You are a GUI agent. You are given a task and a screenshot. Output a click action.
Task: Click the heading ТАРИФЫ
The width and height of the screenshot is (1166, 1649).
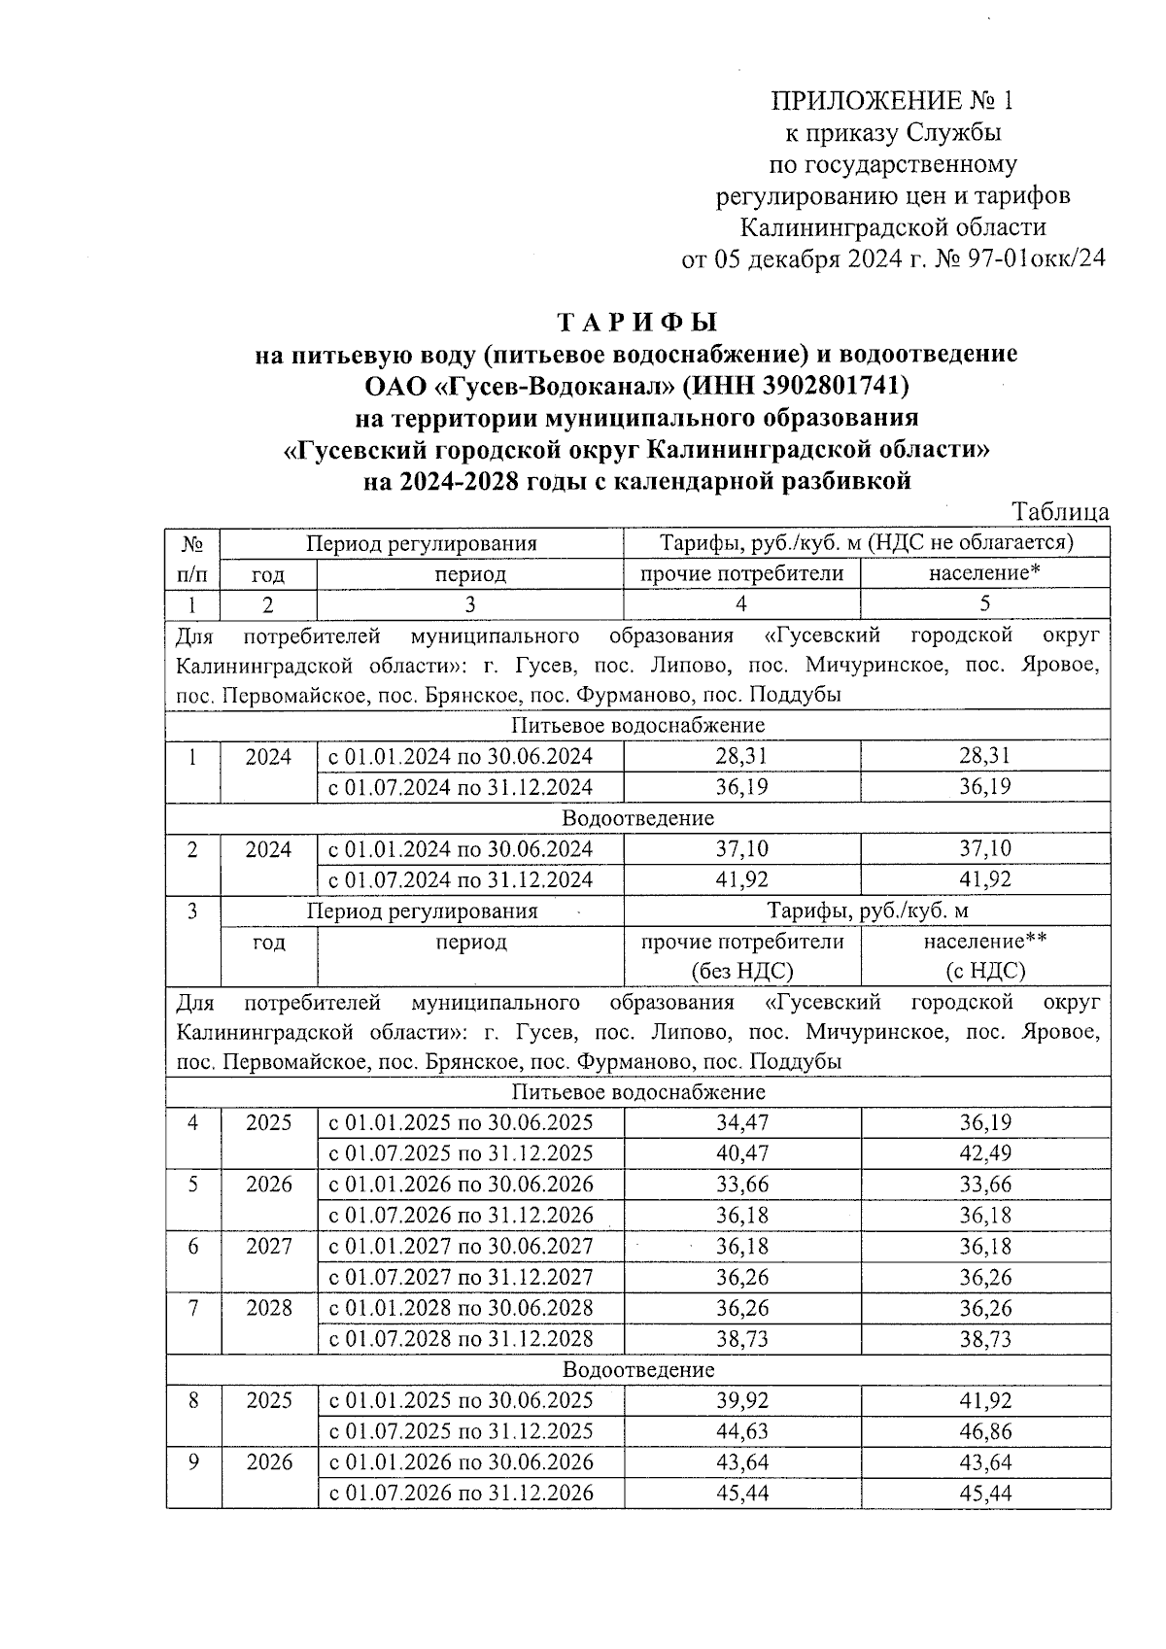pyautogui.click(x=636, y=322)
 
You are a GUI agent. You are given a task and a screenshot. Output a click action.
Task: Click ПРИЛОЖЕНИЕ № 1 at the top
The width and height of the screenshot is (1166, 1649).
pyautogui.click(x=892, y=101)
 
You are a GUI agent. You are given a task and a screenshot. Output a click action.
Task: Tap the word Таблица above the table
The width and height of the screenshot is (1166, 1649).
pyautogui.click(x=1060, y=511)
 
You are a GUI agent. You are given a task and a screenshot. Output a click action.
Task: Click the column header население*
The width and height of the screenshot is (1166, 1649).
pyautogui.click(x=984, y=573)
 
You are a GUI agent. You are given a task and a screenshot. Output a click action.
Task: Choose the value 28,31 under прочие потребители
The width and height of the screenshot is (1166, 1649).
pyautogui.click(x=741, y=756)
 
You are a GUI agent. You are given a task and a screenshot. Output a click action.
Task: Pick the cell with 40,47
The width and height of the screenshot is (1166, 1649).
pyautogui.click(x=741, y=1153)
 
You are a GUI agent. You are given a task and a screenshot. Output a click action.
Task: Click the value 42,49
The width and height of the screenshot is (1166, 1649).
pyautogui.click(x=984, y=1153)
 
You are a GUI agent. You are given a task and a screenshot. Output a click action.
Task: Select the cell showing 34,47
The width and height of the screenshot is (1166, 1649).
pyautogui.click(x=741, y=1122)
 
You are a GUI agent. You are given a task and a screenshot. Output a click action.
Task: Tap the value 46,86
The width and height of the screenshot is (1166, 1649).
pyautogui.click(x=984, y=1431)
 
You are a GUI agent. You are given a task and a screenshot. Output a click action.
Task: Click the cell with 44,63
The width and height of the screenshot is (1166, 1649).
pyautogui.click(x=741, y=1431)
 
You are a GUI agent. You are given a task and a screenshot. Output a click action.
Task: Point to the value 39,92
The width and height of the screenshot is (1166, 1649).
pyautogui.click(x=741, y=1400)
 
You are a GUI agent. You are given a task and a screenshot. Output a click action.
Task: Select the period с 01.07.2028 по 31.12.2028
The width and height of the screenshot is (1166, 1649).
pyautogui.click(x=462, y=1339)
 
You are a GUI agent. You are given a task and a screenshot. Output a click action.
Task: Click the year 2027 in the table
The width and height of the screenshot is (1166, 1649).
pyautogui.click(x=269, y=1246)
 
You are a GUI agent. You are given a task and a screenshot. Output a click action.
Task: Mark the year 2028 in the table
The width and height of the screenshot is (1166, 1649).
pyautogui.click(x=269, y=1308)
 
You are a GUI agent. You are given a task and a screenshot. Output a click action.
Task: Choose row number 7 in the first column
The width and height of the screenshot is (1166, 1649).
pyautogui.click(x=193, y=1308)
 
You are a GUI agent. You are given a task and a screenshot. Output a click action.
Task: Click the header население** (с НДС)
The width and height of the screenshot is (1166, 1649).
pyautogui.click(x=984, y=955)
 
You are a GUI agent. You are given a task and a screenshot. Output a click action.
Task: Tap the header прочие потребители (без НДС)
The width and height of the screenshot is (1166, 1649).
pyautogui.click(x=741, y=955)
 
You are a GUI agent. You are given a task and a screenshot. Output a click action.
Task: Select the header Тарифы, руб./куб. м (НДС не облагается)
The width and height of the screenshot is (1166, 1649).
pyautogui.click(x=866, y=542)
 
